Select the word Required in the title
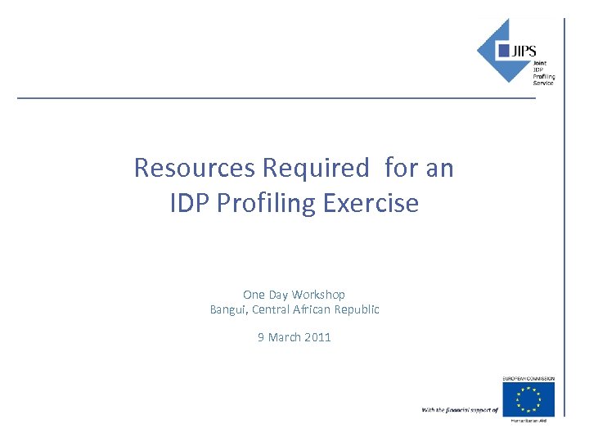coord(316,168)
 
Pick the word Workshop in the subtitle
coord(318,294)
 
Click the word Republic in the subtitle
coord(354,309)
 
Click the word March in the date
coord(284,337)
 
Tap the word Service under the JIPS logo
coord(543,83)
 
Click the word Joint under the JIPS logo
coord(540,63)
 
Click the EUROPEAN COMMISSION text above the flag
coord(528,379)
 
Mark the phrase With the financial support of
coord(460,409)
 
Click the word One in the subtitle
coord(254,294)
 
